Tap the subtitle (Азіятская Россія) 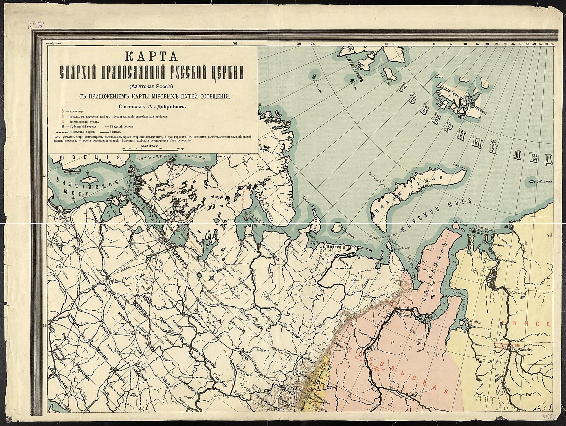[153, 86]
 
